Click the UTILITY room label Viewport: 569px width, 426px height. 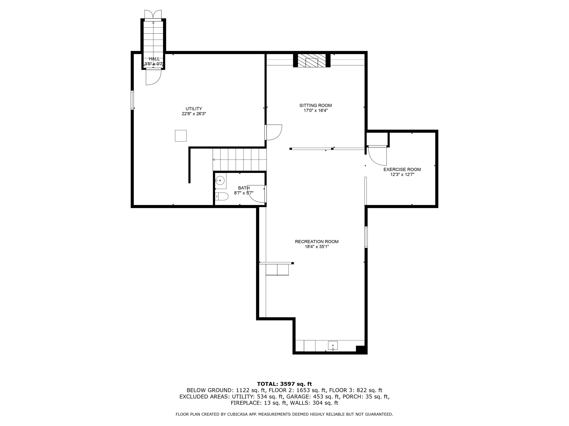(x=194, y=109)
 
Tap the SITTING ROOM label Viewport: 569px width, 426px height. (x=315, y=105)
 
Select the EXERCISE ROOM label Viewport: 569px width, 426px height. (x=402, y=170)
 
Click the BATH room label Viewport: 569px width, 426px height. (x=244, y=188)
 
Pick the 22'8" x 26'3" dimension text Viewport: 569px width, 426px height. (x=194, y=114)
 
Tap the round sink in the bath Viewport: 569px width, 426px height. (x=220, y=180)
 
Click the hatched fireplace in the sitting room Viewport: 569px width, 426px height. (x=312, y=61)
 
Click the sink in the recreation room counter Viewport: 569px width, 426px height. (x=333, y=346)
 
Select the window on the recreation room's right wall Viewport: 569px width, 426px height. (x=366, y=237)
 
